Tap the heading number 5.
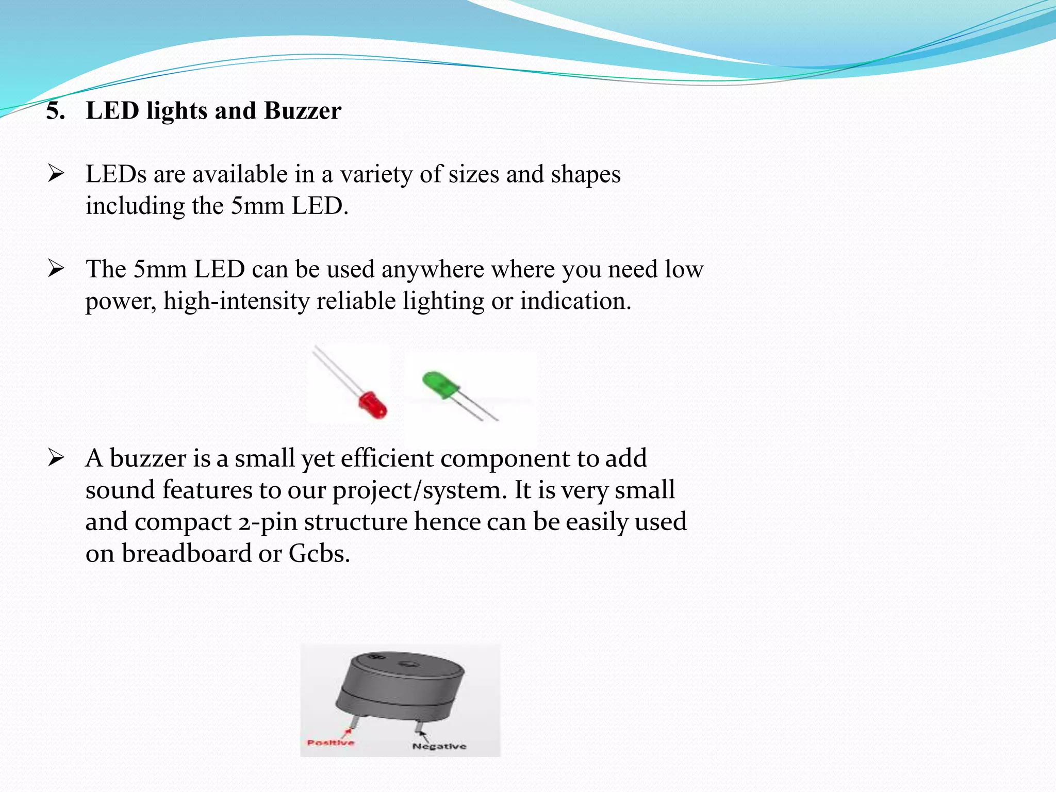(55, 111)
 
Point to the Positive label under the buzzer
(331, 742)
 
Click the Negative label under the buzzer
(439, 746)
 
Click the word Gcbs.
(319, 554)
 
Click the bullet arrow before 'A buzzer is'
(55, 457)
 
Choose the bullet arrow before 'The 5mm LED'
(55, 268)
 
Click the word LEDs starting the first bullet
(116, 174)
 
